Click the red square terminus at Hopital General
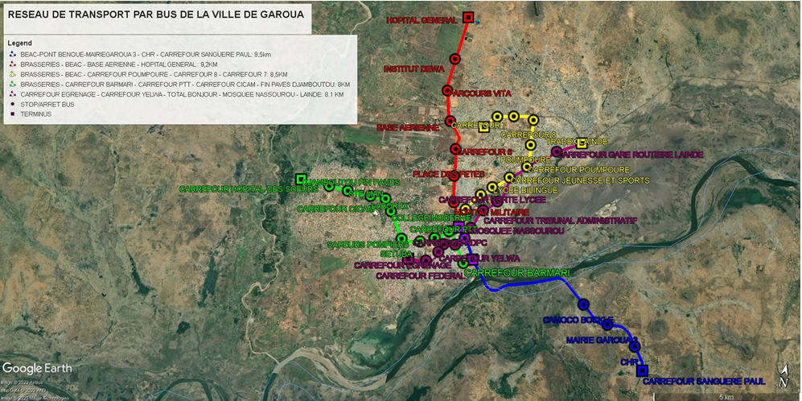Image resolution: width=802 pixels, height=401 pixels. tap(468, 18)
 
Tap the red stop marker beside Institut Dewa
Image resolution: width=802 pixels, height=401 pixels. tap(455, 59)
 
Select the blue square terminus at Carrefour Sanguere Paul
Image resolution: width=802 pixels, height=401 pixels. tap(642, 370)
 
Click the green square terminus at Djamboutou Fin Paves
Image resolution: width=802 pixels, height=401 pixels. tap(300, 179)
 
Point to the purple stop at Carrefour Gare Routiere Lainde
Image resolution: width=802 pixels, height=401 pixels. tap(557, 152)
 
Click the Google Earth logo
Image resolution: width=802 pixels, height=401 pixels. tap(36, 368)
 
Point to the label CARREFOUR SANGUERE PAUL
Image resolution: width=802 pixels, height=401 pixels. tap(704, 381)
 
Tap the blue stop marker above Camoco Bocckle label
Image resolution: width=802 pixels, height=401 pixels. tap(584, 304)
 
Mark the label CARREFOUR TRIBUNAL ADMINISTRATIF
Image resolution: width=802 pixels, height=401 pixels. tap(561, 220)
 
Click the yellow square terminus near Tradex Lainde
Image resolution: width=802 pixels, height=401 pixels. tap(582, 143)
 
